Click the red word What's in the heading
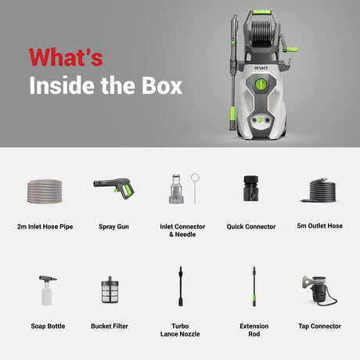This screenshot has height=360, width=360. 66,57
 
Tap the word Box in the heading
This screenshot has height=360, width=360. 162,85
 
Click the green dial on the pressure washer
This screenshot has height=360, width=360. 261,85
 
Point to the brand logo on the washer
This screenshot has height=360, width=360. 261,68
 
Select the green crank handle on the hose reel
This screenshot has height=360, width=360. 290,49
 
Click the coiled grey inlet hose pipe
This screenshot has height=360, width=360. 45,191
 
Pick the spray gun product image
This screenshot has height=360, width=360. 113,188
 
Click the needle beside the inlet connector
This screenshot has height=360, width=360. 195,188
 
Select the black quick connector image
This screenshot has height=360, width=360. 251,189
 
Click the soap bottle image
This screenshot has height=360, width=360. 47,290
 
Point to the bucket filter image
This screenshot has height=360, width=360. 110,290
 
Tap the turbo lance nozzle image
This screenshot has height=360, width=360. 181,286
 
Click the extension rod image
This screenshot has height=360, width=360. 254,286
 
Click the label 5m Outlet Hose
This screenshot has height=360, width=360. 320,225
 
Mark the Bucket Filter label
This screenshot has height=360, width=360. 110,326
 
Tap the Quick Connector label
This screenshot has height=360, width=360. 251,226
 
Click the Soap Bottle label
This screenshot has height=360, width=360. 48,326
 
